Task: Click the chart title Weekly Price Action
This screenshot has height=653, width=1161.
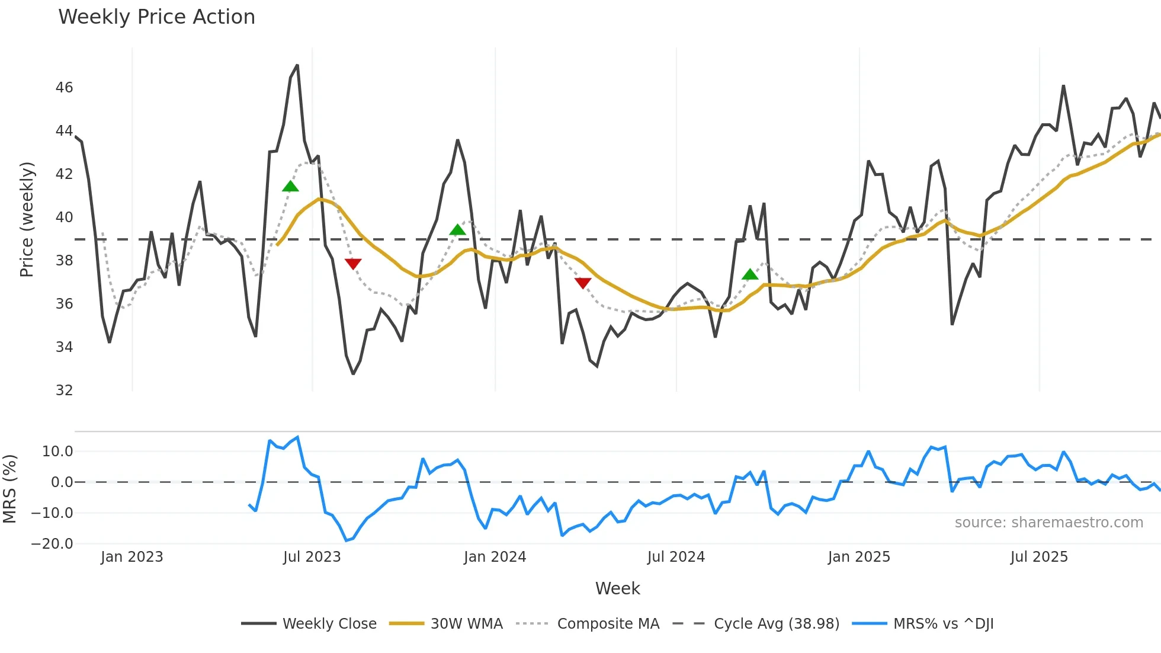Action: (156, 17)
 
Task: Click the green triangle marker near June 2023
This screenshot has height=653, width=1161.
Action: (290, 187)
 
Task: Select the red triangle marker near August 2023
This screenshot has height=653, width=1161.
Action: (353, 264)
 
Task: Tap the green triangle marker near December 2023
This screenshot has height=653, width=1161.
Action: (457, 230)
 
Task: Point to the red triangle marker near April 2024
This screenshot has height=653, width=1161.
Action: (583, 283)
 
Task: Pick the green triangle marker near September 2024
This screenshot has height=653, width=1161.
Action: (750, 274)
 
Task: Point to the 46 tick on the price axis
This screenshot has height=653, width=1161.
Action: (64, 88)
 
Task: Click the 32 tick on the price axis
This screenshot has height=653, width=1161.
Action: (64, 390)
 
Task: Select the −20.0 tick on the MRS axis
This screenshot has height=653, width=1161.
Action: (52, 544)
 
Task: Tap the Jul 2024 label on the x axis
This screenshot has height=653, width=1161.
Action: (676, 557)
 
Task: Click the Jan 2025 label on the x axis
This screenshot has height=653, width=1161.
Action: (859, 557)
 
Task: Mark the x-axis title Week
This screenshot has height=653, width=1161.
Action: (617, 588)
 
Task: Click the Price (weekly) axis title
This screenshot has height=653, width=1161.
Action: (27, 219)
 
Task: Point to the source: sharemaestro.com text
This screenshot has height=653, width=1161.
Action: (1048, 523)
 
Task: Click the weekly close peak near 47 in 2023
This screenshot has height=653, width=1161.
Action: (297, 66)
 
